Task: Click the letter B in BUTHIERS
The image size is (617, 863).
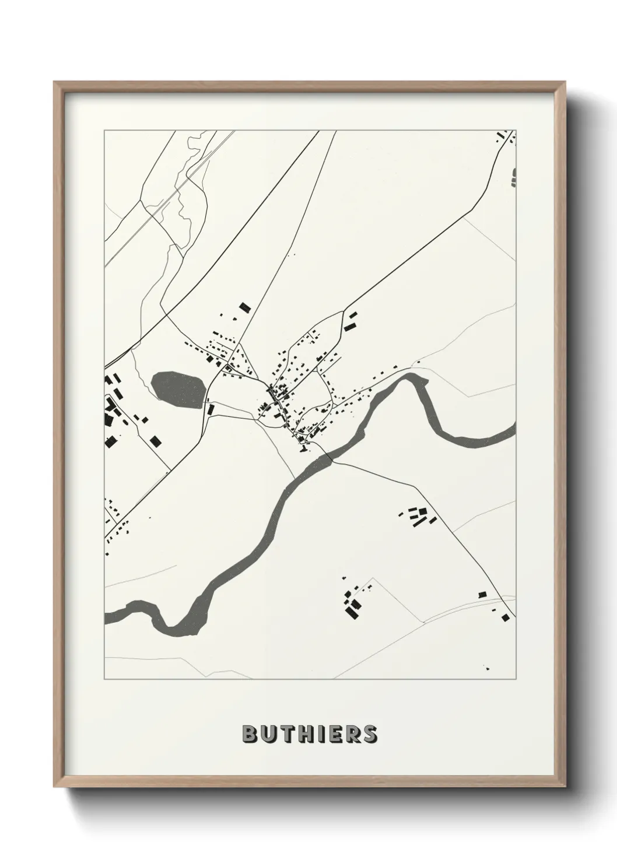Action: tap(249, 734)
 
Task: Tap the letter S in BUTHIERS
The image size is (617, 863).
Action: tap(370, 734)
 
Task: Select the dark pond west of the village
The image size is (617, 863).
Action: tap(178, 389)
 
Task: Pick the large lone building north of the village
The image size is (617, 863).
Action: tap(244, 307)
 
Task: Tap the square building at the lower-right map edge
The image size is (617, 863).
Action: tap(505, 617)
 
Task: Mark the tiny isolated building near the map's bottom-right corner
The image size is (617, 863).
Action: tap(486, 668)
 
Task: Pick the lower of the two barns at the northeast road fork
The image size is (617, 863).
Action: tap(350, 327)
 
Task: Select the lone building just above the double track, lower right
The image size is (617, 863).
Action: tap(482, 594)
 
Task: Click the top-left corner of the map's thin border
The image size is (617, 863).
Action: tap(104, 131)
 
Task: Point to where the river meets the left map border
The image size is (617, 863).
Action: tap(106, 618)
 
